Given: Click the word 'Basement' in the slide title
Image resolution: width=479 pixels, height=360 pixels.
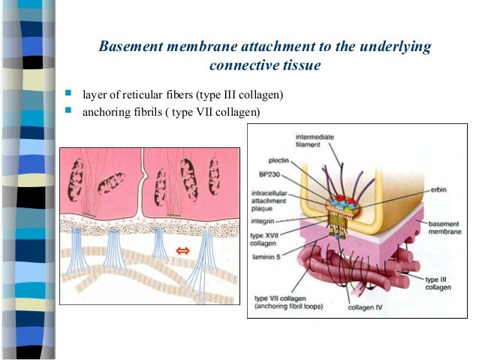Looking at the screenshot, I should (134, 47).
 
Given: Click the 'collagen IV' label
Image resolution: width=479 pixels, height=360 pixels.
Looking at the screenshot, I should (366, 307).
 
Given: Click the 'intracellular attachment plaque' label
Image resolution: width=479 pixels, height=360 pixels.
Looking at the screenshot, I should (275, 198).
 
